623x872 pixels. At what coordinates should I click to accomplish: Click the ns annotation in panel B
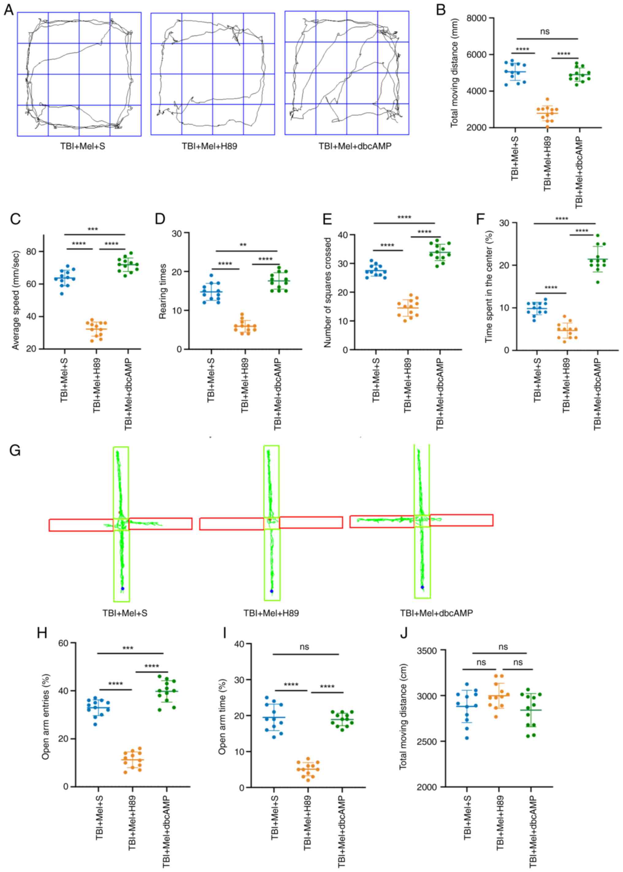coord(545,32)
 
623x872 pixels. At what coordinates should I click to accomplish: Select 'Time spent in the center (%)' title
coord(488,287)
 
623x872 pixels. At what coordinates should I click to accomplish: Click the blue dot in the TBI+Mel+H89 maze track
coord(272,591)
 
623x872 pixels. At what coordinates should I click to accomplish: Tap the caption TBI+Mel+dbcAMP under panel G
coord(436,613)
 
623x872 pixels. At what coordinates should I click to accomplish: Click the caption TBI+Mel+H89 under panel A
coord(209,146)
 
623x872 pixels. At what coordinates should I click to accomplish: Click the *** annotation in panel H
coord(128,648)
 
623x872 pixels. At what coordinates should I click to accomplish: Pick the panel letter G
coord(15,451)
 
